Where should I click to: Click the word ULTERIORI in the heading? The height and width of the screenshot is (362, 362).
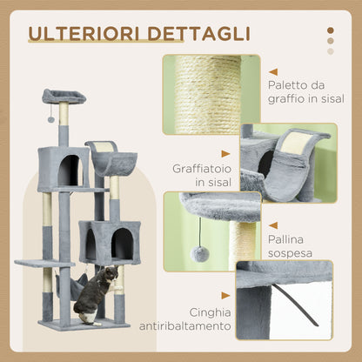tap(85, 34)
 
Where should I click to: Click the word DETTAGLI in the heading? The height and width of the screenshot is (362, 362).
tap(198, 34)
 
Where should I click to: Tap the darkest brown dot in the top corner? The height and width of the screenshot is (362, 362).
tap(331, 30)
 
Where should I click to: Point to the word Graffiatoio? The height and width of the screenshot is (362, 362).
tap(202, 169)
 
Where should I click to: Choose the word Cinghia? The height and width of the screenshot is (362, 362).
tap(210, 312)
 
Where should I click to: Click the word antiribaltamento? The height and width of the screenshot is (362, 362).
tap(185, 326)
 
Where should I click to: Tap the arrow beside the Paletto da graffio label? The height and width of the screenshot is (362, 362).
tap(273, 72)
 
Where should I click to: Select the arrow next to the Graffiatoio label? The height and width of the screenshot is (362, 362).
tap(225, 154)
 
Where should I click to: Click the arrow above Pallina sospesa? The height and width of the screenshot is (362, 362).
tap(273, 225)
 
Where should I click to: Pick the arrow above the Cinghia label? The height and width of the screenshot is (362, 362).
tap(225, 296)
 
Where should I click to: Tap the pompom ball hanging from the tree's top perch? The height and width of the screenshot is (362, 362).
tap(51, 119)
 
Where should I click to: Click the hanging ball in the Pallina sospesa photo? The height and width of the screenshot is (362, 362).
tap(199, 253)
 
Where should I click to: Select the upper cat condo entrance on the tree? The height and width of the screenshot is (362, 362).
tap(68, 170)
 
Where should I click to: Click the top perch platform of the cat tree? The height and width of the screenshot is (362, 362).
tap(64, 96)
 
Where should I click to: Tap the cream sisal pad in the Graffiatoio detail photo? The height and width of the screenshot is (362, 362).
tap(295, 144)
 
